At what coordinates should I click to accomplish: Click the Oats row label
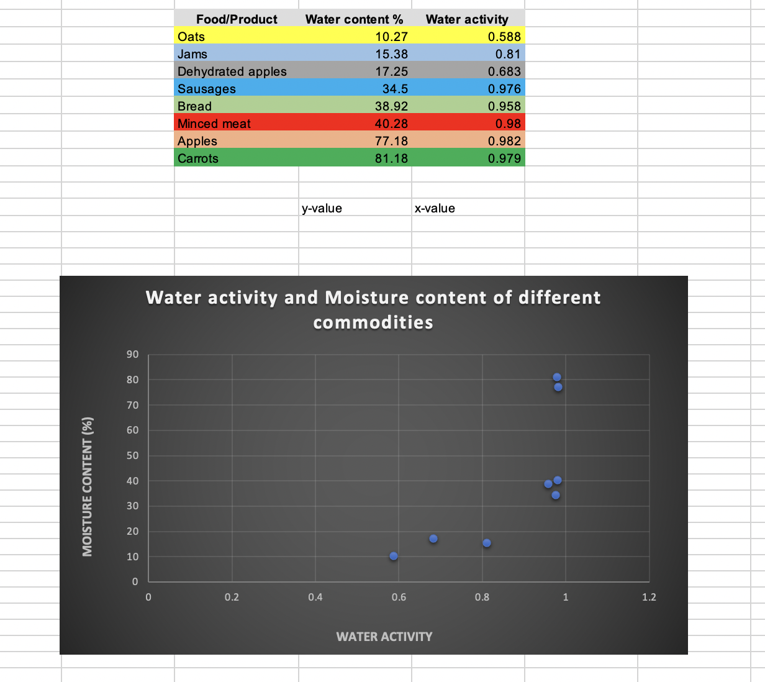click(191, 37)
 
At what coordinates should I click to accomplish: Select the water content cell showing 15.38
click(391, 54)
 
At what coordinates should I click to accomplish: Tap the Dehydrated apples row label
click(232, 71)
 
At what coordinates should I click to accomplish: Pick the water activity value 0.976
click(504, 89)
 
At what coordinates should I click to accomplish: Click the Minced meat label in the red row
click(214, 124)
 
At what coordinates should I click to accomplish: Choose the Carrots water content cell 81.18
click(391, 158)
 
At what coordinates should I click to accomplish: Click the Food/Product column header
click(237, 19)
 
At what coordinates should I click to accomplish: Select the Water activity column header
click(467, 19)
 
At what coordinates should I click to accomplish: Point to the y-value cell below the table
click(322, 208)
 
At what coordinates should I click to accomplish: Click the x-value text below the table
click(435, 208)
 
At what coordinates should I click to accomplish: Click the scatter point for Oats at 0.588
click(394, 556)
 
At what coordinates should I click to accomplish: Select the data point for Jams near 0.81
click(487, 543)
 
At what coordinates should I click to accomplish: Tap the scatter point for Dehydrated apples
click(433, 539)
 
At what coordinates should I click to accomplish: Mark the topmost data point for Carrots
click(557, 377)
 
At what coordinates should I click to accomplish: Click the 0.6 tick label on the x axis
click(399, 598)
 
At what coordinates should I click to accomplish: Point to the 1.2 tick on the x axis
click(649, 598)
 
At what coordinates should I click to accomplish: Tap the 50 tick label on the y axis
click(133, 455)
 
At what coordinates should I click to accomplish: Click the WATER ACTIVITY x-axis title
click(384, 637)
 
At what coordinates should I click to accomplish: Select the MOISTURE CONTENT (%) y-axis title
click(88, 486)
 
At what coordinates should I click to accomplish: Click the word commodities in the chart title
click(373, 322)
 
